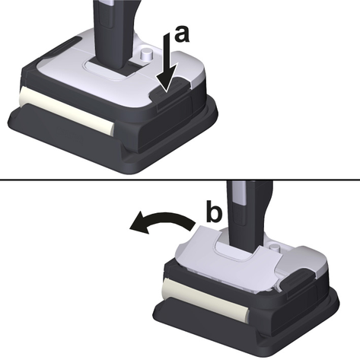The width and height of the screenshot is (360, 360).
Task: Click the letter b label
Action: (214, 211)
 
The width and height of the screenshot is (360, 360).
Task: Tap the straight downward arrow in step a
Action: (167, 62)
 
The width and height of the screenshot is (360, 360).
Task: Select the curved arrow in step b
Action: (162, 222)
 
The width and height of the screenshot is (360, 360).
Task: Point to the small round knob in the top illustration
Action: (147, 54)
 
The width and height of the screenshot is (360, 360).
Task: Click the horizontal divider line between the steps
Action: (180, 180)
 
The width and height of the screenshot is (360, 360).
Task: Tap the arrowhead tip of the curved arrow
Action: (130, 228)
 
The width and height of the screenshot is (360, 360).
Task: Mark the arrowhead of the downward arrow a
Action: (166, 79)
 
